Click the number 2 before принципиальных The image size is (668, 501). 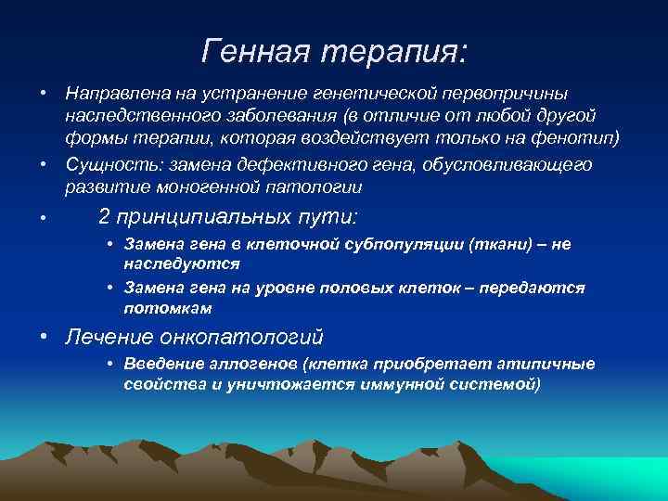point(105,217)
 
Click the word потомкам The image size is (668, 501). point(168,307)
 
